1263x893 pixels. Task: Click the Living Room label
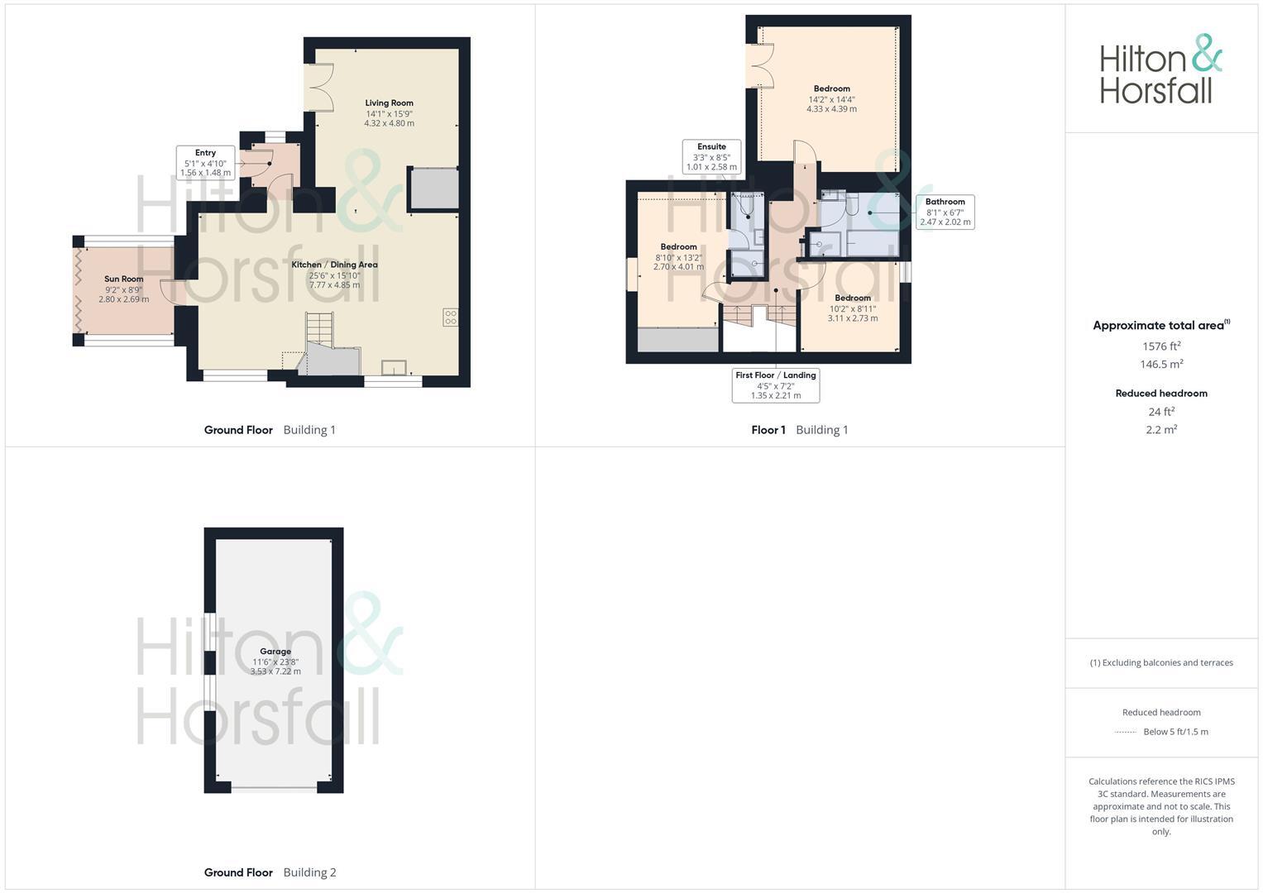pyautogui.click(x=389, y=103)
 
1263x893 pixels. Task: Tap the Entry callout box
pyautogui.click(x=205, y=163)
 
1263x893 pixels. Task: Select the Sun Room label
pyautogui.click(x=123, y=279)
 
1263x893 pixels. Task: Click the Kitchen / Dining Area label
pyautogui.click(x=334, y=265)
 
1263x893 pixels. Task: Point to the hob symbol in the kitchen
pyautogui.click(x=451, y=318)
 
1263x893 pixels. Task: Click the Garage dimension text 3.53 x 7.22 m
pyautogui.click(x=275, y=672)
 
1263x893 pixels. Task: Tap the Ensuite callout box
pyautogui.click(x=711, y=156)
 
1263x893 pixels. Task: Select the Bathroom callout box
pyautogui.click(x=945, y=212)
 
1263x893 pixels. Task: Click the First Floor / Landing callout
pyautogui.click(x=776, y=385)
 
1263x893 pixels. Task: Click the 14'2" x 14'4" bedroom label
pyautogui.click(x=831, y=99)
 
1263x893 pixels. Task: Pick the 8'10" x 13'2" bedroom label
pyautogui.click(x=678, y=257)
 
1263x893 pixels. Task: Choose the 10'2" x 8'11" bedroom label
pyautogui.click(x=852, y=308)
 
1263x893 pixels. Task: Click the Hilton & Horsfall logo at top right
pyautogui.click(x=1160, y=69)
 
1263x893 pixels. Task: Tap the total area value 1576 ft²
pyautogui.click(x=1161, y=346)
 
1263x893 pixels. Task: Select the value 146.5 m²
pyautogui.click(x=1161, y=365)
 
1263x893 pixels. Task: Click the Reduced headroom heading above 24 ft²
pyautogui.click(x=1161, y=394)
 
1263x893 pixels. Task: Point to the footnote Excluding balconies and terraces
pyautogui.click(x=1161, y=663)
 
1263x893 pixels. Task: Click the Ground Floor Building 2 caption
pyautogui.click(x=270, y=872)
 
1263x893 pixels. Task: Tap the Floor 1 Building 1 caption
pyautogui.click(x=799, y=430)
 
